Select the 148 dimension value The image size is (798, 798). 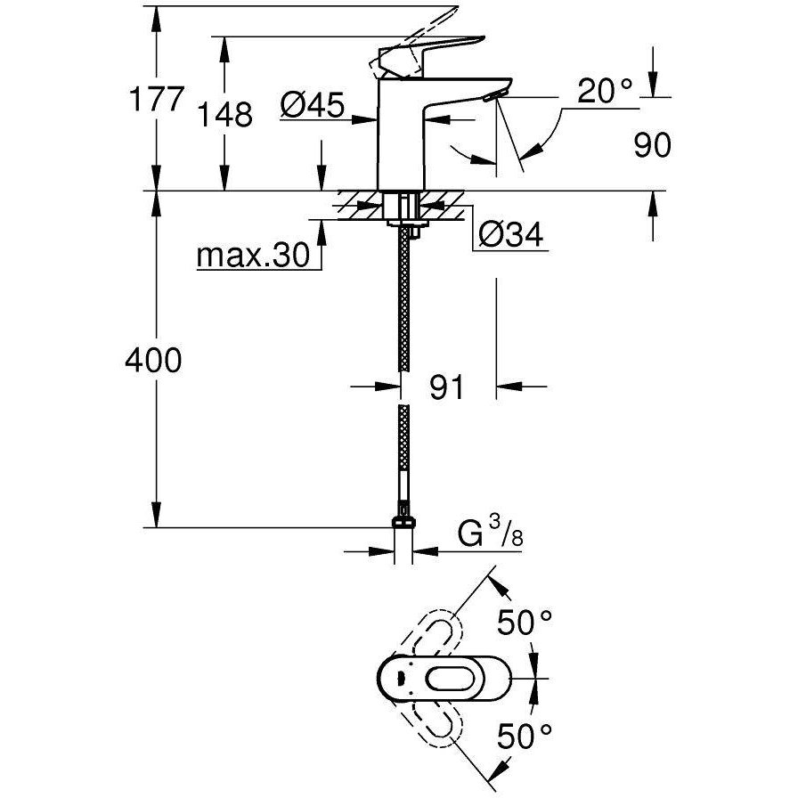tap(226, 114)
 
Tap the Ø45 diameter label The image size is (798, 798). tap(312, 107)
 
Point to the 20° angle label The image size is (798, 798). tap(603, 90)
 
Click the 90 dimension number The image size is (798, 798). tap(652, 145)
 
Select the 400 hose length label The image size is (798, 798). tap(152, 361)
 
